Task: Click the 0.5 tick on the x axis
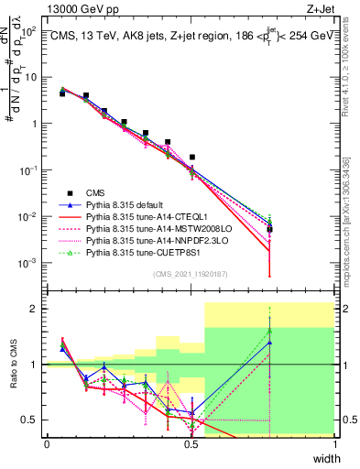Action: (x=191, y=444)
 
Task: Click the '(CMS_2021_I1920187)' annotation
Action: (x=191, y=274)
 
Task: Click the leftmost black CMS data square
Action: (x=62, y=93)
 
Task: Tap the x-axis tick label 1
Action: (x=334, y=444)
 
